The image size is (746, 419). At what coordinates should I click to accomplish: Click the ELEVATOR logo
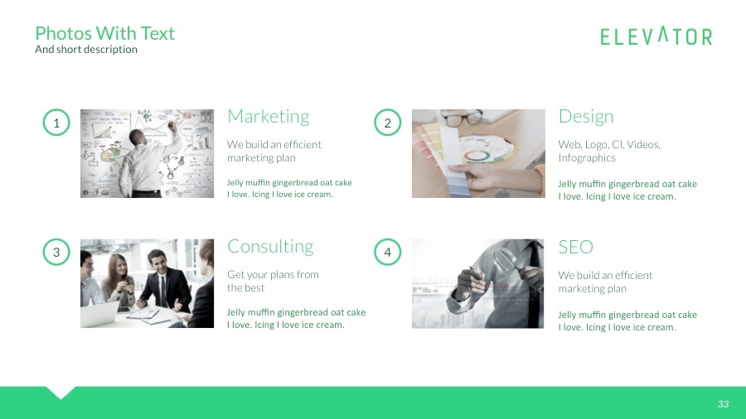tap(656, 36)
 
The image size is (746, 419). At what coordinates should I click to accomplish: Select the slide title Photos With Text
tap(105, 33)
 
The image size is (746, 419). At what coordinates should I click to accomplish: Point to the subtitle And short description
tap(86, 50)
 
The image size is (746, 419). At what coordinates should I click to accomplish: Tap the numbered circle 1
tap(56, 124)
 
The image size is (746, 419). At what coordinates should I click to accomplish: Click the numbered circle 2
tap(387, 124)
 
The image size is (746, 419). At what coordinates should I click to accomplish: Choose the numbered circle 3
tap(56, 253)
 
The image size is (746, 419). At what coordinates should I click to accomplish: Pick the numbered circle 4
tap(387, 253)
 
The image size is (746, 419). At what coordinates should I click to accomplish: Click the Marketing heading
tap(268, 116)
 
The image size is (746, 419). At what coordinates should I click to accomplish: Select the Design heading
tap(586, 116)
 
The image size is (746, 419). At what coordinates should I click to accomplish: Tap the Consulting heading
tap(270, 247)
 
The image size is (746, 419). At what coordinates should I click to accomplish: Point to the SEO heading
tap(575, 247)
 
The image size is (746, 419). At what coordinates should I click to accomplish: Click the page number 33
tap(723, 404)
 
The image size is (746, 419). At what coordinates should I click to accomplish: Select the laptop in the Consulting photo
tap(99, 314)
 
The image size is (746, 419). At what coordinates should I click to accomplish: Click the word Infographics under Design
tap(587, 158)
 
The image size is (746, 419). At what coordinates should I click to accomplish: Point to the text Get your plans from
tap(273, 275)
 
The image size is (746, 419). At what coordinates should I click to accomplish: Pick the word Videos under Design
tap(643, 145)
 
